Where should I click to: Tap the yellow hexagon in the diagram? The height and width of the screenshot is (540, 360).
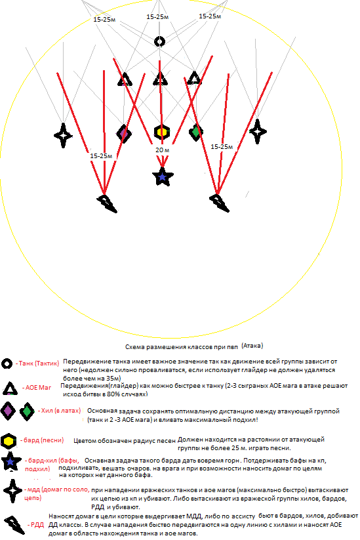click(162, 132)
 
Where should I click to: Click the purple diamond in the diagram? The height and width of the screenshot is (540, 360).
click(124, 133)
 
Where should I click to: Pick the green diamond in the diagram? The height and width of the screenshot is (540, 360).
click(196, 132)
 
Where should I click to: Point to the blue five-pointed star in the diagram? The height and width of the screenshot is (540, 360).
click(162, 177)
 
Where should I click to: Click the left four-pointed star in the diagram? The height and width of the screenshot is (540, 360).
click(64, 135)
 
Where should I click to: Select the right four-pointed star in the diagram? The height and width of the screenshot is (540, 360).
click(258, 131)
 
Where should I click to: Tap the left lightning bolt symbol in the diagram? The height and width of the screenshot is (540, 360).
click(107, 203)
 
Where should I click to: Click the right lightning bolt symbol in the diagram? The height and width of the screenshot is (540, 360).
click(219, 203)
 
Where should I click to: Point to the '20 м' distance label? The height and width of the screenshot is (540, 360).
click(162, 150)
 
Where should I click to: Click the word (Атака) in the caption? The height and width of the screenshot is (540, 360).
click(252, 345)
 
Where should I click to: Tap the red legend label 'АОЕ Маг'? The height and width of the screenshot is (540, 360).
click(38, 387)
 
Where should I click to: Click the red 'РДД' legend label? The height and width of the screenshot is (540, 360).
click(37, 525)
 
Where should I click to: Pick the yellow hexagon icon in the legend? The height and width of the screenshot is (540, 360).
click(9, 441)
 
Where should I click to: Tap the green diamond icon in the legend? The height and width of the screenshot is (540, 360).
click(27, 411)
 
